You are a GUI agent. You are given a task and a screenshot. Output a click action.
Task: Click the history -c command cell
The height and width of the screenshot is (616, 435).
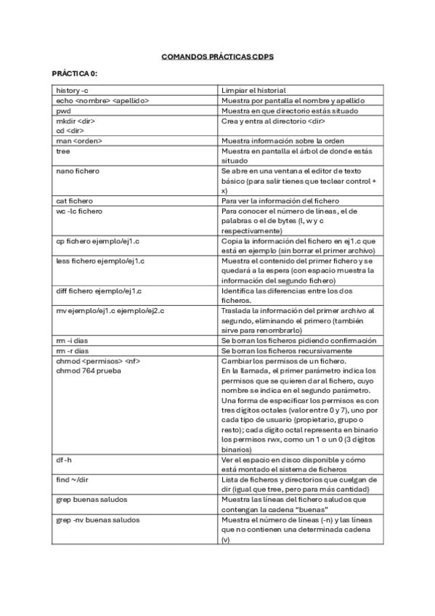coord(72,90)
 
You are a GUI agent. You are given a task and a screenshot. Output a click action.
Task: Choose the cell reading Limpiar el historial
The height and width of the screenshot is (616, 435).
coord(254,90)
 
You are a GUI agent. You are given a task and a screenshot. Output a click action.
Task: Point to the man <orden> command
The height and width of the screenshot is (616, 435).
coord(79,141)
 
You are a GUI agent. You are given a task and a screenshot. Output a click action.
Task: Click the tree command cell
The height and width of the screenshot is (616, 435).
coord(63,151)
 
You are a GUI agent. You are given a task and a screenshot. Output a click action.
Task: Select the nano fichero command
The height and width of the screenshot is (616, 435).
coord(78,171)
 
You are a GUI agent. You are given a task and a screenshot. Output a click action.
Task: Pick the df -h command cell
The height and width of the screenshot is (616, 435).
coord(64,460)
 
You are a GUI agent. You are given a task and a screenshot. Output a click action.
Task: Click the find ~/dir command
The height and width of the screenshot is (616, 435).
coord(73,480)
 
